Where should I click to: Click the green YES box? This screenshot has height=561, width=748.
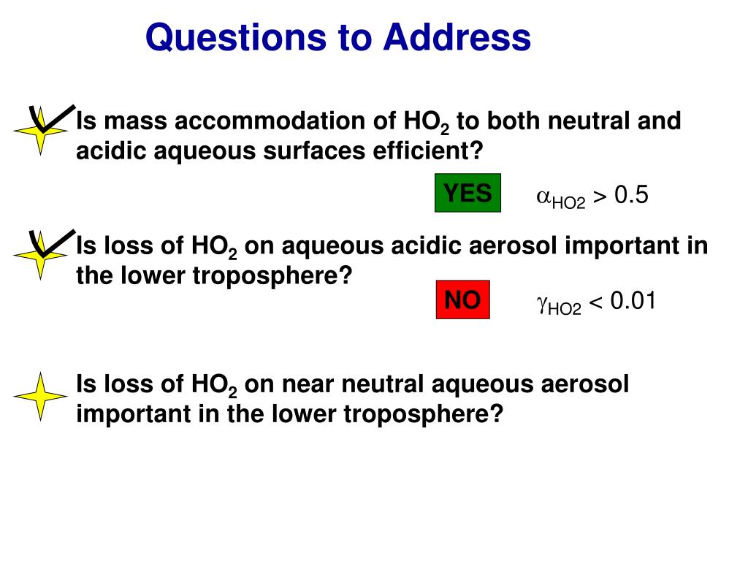[467, 193]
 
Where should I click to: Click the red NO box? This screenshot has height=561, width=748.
[462, 299]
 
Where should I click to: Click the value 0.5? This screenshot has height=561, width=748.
[631, 195]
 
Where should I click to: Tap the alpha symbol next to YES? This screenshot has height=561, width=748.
[543, 196]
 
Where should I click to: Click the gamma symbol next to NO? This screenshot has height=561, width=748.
[542, 304]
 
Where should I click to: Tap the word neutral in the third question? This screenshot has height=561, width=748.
[376, 384]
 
